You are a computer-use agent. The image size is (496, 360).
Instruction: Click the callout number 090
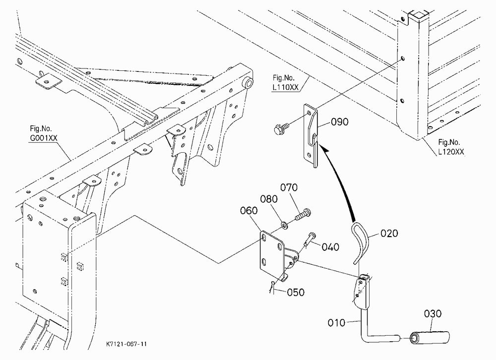[339, 122]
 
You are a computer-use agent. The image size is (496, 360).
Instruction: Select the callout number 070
[289, 187]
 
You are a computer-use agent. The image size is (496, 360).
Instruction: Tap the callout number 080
[269, 199]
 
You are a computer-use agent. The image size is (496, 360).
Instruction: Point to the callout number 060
[249, 210]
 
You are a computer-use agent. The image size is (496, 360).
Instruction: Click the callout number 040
[330, 247]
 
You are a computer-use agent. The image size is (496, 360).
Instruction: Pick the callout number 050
[296, 292]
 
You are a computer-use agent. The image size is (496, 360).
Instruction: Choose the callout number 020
[389, 234]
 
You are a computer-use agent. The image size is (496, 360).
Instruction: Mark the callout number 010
[336, 323]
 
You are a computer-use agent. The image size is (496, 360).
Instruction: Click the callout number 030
[433, 314]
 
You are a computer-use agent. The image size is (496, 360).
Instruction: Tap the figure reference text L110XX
[285, 88]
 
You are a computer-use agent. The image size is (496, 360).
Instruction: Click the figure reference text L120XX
[451, 152]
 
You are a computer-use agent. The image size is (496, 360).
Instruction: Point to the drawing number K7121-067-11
[126, 344]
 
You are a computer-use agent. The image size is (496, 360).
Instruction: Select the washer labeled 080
[284, 226]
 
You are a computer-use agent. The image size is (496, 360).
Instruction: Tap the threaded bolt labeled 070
[303, 215]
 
